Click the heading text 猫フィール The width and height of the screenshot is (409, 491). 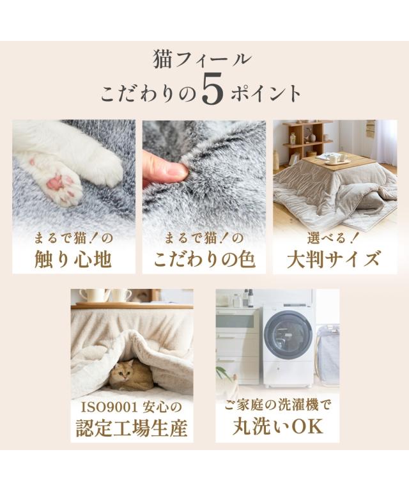coord(202,60)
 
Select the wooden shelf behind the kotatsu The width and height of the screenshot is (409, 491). coord(307,141)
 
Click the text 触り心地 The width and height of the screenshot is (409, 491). coord(73,260)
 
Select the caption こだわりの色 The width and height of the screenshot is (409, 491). coord(204,260)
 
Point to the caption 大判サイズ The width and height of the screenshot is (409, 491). coord(334,260)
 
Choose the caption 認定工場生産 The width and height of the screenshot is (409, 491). coord(132,428)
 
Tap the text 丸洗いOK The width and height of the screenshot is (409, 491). coord(278,426)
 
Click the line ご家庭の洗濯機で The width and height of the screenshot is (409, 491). coord(277,406)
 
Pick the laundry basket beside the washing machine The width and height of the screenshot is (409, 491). coord(327,354)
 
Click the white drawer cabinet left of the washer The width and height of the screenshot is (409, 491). coord(238,345)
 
